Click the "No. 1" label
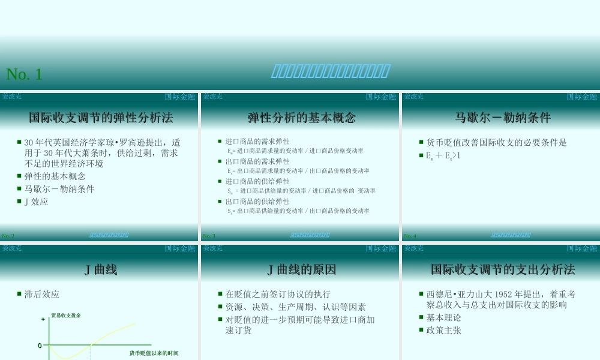pyautogui.click(x=24, y=74)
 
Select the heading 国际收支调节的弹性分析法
pyautogui.click(x=101, y=117)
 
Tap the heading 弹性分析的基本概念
pyautogui.click(x=302, y=117)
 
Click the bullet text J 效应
pyautogui.click(x=36, y=202)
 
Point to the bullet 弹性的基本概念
pyautogui.click(x=55, y=176)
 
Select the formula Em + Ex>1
pyautogui.click(x=443, y=156)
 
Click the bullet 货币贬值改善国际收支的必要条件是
pyautogui.click(x=496, y=143)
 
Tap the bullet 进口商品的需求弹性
pyautogui.click(x=257, y=142)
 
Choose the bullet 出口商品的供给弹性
pyautogui.click(x=257, y=202)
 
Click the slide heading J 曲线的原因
pyautogui.click(x=302, y=270)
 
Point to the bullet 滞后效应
pyautogui.click(x=42, y=295)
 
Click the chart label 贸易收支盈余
pyautogui.click(x=66, y=315)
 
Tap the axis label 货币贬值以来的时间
pyautogui.click(x=154, y=353)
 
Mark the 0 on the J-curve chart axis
pyautogui.click(x=40, y=346)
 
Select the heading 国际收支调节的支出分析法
pyautogui.click(x=503, y=270)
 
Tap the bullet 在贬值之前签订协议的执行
pyautogui.click(x=278, y=295)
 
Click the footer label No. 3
pyautogui.click(x=209, y=236)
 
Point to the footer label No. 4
pyautogui.click(x=410, y=236)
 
